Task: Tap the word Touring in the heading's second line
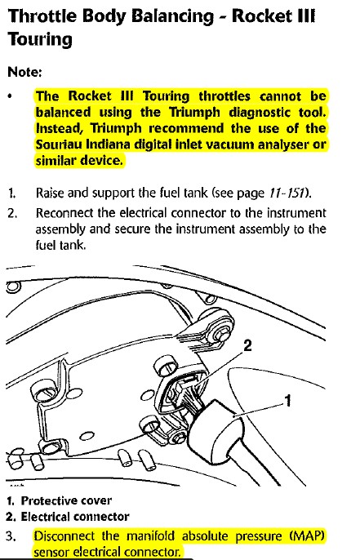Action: point(40,40)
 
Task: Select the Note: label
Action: point(24,72)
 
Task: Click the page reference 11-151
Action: point(287,193)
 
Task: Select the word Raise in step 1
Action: point(50,193)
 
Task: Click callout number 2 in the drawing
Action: point(247,346)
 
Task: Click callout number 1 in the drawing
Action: point(288,401)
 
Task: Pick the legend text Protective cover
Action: point(66,500)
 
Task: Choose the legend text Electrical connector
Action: point(75,517)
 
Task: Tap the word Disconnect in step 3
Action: point(64,536)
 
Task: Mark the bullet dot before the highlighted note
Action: point(11,96)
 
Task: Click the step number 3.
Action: point(11,536)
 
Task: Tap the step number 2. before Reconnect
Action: point(12,213)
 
